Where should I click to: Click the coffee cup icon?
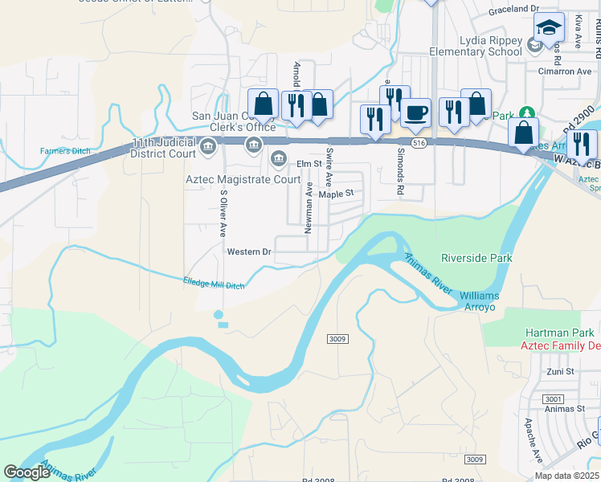pyautogui.click(x=415, y=112)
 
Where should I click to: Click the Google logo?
pyautogui.click(x=27, y=472)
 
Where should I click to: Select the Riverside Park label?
pyautogui.click(x=476, y=258)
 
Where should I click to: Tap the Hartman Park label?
pyautogui.click(x=560, y=333)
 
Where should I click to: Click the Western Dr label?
pyautogui.click(x=250, y=252)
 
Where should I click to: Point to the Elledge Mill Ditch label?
pyautogui.click(x=214, y=283)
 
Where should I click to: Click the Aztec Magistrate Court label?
pyautogui.click(x=242, y=179)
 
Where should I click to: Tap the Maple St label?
pyautogui.click(x=336, y=194)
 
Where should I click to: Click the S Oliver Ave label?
pyautogui.click(x=223, y=214)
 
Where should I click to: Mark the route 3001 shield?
pyautogui.click(x=529, y=398)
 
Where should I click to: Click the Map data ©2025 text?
pyautogui.click(x=566, y=476)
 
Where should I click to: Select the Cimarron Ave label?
pyautogui.click(x=563, y=71)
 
